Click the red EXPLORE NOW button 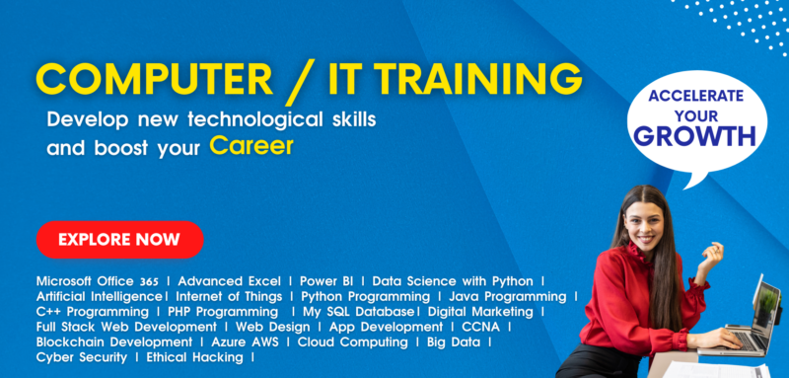(x=119, y=239)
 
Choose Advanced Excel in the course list (x=232, y=281)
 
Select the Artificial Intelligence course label (x=99, y=296)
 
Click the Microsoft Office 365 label (x=98, y=281)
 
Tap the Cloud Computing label (x=353, y=341)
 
